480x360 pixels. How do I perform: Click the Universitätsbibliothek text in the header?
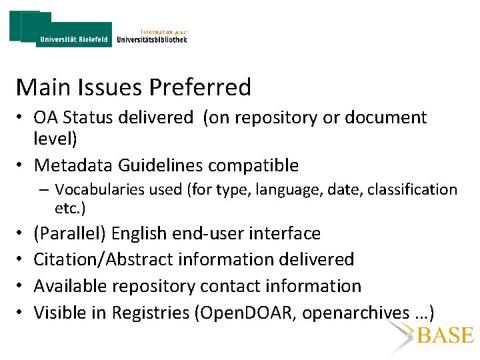click(x=151, y=39)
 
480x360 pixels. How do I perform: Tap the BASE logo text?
click(x=446, y=335)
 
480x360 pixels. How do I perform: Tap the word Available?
click(x=71, y=286)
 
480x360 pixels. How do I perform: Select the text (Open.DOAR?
click(x=245, y=312)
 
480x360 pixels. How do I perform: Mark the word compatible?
click(x=257, y=165)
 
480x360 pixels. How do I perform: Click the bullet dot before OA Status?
click(x=21, y=119)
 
